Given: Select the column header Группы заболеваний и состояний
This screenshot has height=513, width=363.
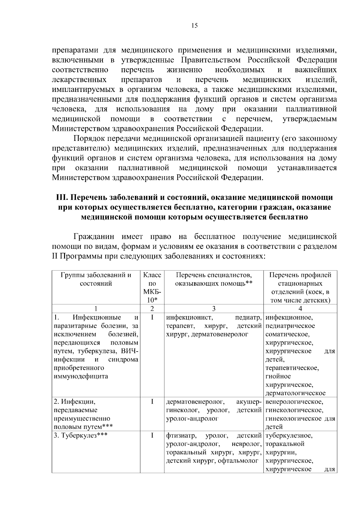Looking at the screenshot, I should pos(96,279).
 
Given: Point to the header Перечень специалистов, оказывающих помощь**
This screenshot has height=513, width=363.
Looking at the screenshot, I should pos(214,279).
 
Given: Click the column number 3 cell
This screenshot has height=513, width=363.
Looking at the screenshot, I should pos(214,309).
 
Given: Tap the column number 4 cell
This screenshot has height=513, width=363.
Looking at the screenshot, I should pos(300,309).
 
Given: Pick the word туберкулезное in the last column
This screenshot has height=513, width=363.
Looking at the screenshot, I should pos(289,436).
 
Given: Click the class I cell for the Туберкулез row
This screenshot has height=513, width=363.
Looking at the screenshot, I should pos(152,436).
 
